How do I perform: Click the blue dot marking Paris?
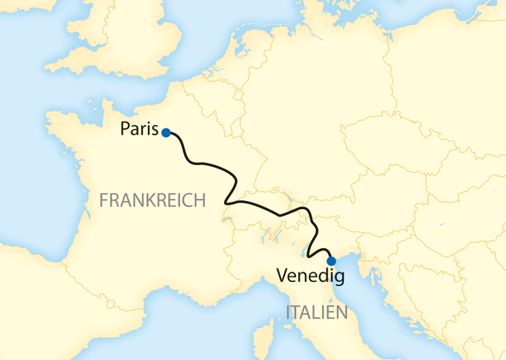coord(166,133)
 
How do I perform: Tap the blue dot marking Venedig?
coord(331,261)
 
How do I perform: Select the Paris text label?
coord(139,129)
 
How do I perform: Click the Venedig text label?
coord(310,276)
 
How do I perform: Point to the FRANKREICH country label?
coord(152,200)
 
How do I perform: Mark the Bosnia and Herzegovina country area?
coord(421,285)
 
